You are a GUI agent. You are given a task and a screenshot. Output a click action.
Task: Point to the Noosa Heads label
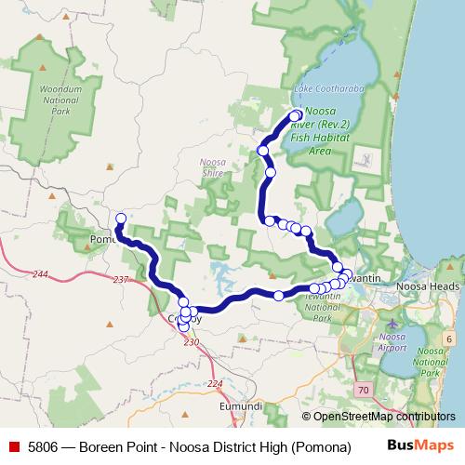tap(428, 286)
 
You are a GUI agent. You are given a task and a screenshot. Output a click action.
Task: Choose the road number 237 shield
tap(121, 280)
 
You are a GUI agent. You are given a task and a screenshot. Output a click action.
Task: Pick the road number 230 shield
tap(192, 343)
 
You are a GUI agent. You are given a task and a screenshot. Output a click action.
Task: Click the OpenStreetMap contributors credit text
tap(384, 418)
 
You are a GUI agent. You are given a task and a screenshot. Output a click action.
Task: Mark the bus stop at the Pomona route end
tap(121, 219)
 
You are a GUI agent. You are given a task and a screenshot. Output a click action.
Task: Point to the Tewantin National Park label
tap(322, 306)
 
